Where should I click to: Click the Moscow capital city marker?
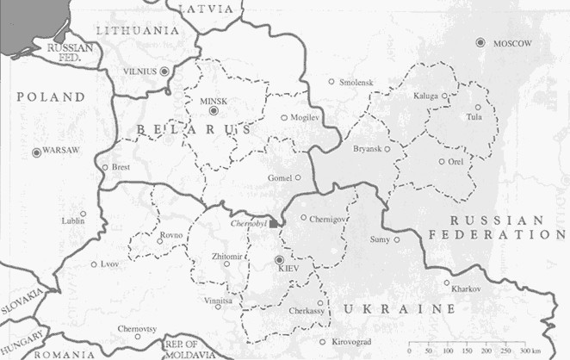(x=480, y=42)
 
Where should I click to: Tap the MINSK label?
(x=213, y=101)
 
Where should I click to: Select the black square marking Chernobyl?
(x=274, y=223)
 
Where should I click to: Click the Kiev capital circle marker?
(x=279, y=259)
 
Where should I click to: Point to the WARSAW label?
(x=61, y=152)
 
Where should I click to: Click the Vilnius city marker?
(x=164, y=70)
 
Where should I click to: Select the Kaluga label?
(x=425, y=95)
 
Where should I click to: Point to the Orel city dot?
(x=442, y=161)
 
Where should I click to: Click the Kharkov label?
(x=463, y=289)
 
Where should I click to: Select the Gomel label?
(x=279, y=177)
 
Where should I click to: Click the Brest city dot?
(x=104, y=167)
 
